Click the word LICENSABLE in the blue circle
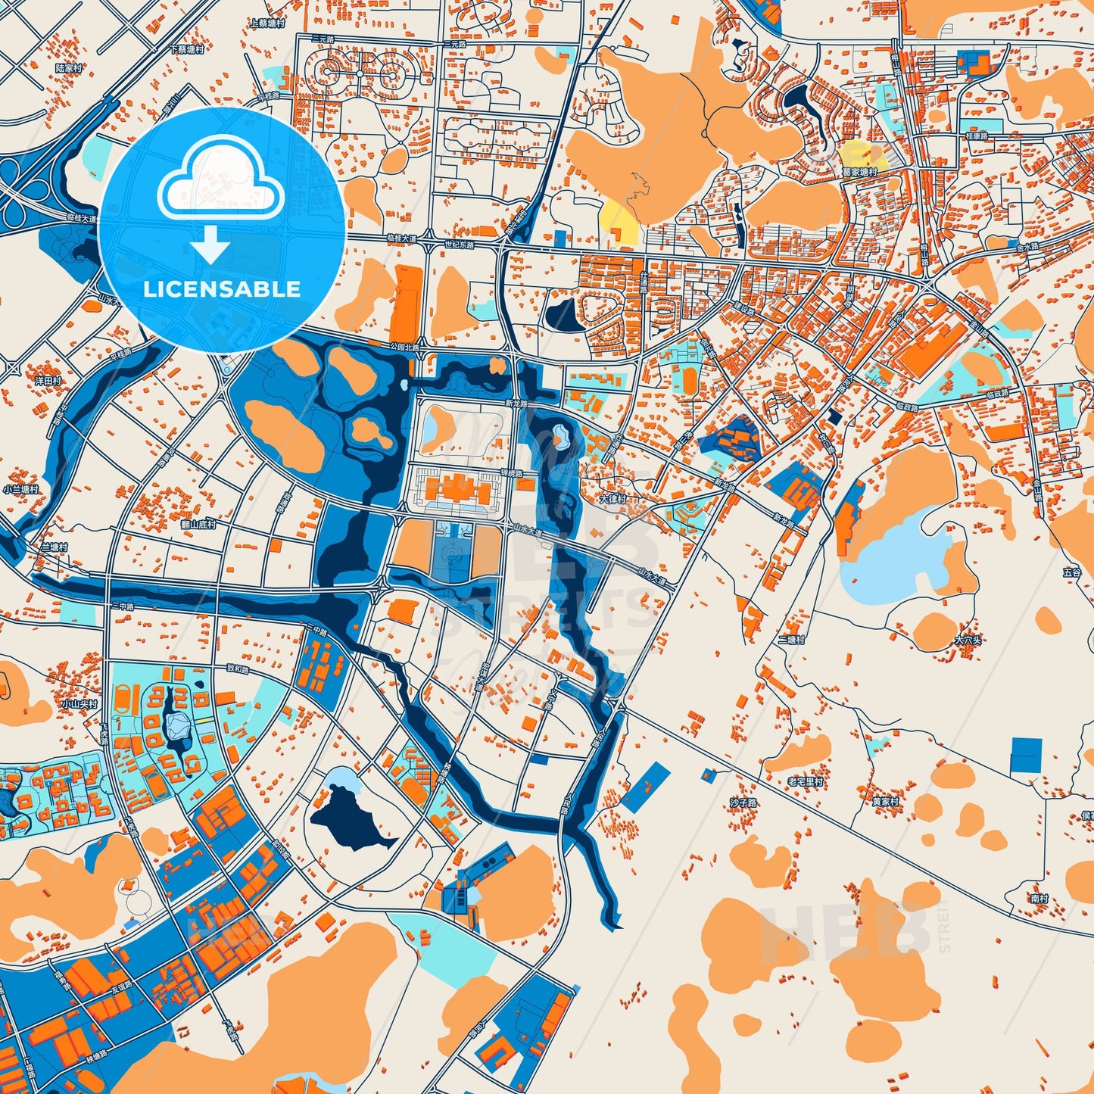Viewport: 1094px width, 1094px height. (x=222, y=289)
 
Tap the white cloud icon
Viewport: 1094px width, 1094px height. (x=220, y=185)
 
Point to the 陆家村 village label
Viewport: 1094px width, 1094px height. (x=68, y=68)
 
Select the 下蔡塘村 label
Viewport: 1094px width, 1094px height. (x=187, y=49)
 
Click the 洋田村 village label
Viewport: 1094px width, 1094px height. (x=48, y=381)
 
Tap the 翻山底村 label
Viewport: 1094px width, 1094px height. (x=198, y=524)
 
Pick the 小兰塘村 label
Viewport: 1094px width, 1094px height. (x=20, y=490)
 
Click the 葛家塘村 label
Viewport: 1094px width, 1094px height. (x=859, y=173)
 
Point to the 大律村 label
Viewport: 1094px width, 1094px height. (x=612, y=500)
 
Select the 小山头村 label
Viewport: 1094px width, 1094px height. (x=79, y=704)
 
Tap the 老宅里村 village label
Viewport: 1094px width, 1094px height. (x=805, y=781)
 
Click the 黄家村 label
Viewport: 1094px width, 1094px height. (x=884, y=801)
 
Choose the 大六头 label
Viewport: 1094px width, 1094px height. (x=968, y=641)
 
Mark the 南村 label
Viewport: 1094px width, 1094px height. (x=1039, y=899)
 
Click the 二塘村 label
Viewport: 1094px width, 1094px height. (x=791, y=640)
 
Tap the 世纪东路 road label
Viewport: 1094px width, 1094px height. (x=459, y=245)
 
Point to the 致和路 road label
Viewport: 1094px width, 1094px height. (x=237, y=669)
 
